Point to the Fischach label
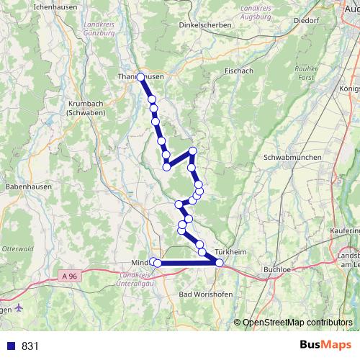point(240,71)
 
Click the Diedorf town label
point(305,21)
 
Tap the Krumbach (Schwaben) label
point(86,108)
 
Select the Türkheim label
point(230,252)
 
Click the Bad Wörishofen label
point(203,295)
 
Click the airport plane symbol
point(18,309)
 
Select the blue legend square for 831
point(9,346)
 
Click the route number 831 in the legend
point(30,346)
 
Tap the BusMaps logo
point(325,346)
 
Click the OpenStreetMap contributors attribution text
point(297,323)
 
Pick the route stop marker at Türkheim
point(219,263)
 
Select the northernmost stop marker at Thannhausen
point(141,77)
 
